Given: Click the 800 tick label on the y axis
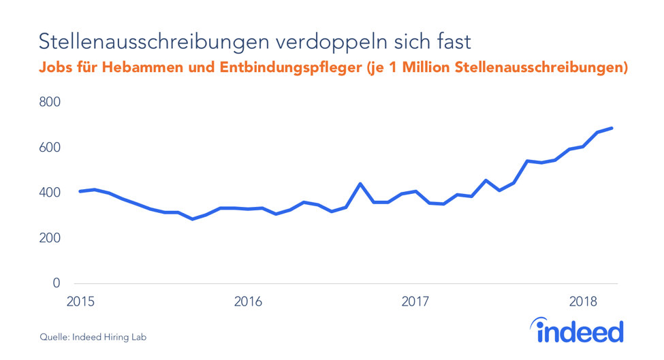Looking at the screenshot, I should point(50,102).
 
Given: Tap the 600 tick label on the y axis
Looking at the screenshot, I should point(50,148).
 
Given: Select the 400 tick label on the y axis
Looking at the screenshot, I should point(50,193).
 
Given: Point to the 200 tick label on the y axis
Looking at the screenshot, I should point(50,238).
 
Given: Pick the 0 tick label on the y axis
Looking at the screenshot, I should point(57,283).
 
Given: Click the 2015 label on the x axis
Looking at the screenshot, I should point(80,301).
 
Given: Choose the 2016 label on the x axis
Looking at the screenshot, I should point(247,301).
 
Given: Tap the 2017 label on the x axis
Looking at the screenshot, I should point(415,301).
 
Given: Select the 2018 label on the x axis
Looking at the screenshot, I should point(583,301).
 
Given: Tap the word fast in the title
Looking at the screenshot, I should point(452,42).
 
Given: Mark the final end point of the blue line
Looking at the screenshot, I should point(612,128).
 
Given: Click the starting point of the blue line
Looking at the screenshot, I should point(80,191).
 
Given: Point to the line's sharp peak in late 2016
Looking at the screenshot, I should point(360,184).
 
